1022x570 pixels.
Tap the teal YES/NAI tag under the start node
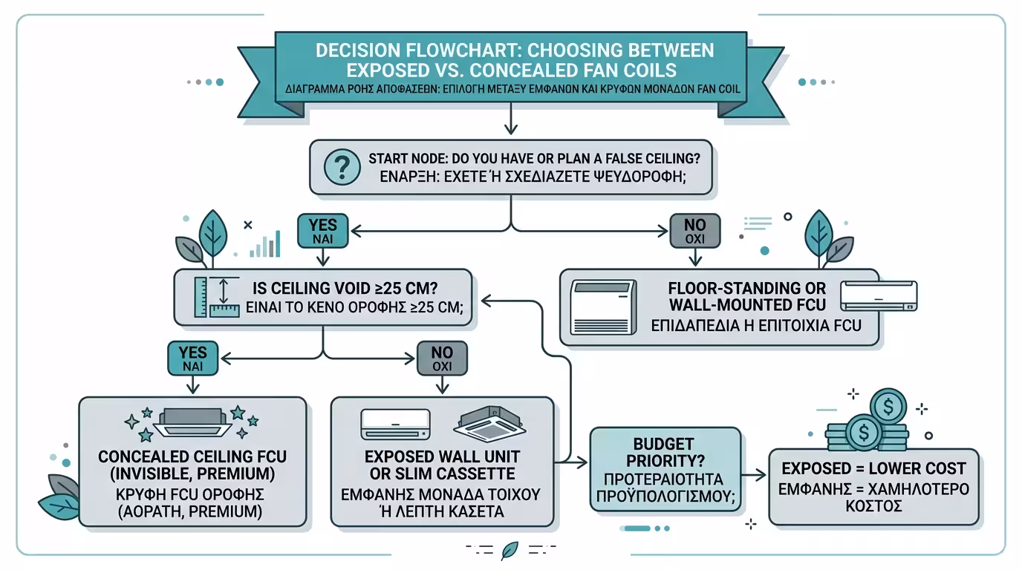(322, 231)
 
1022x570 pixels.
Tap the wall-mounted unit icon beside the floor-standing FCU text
(879, 296)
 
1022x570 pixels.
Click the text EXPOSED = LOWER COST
(873, 468)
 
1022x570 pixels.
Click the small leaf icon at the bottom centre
(510, 550)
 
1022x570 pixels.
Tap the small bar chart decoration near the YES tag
(266, 244)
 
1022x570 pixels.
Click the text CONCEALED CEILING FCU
(192, 455)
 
